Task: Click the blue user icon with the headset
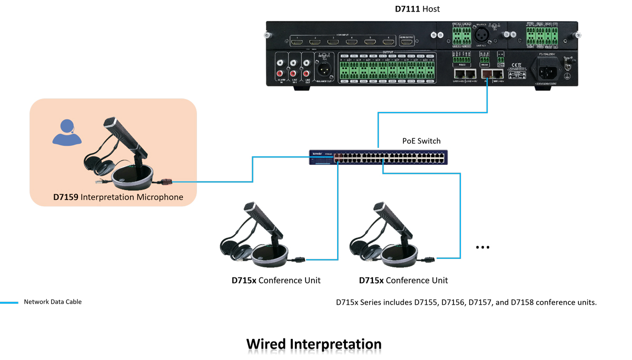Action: click(67, 132)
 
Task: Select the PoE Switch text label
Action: click(421, 141)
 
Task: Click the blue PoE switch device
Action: click(377, 157)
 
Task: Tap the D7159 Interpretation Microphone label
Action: click(118, 197)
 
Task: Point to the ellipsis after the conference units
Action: click(482, 247)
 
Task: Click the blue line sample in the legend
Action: click(9, 303)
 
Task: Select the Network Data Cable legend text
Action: click(53, 302)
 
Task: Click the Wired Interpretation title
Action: click(314, 344)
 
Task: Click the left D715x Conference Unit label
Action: click(276, 280)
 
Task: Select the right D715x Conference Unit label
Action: click(403, 280)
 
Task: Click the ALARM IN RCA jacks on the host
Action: click(281, 69)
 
